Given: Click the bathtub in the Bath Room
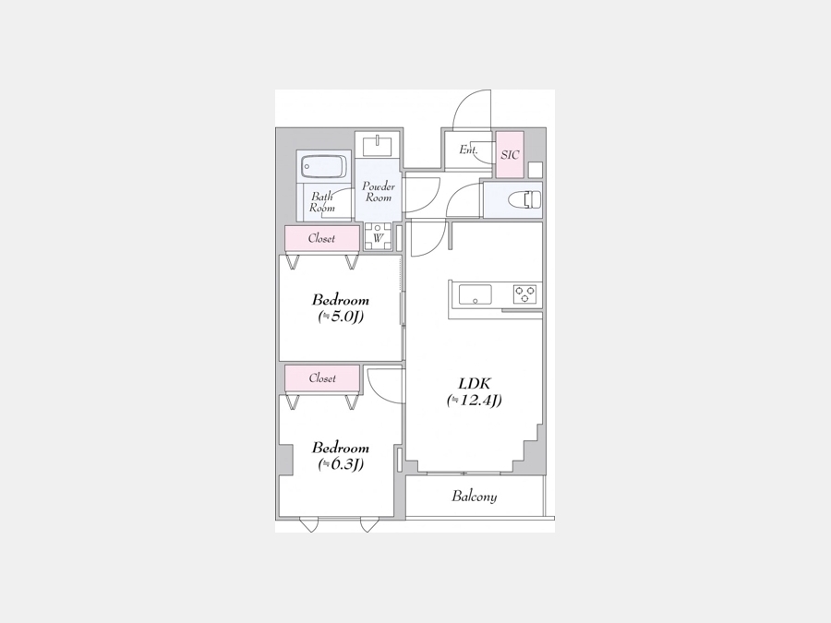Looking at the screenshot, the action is (x=323, y=167).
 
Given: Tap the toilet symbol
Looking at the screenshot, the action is (x=524, y=200).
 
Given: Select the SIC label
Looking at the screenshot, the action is (x=510, y=155).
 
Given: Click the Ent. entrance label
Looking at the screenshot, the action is (x=468, y=150).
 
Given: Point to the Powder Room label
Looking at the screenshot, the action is (x=379, y=192).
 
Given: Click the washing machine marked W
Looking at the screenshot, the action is (x=378, y=236).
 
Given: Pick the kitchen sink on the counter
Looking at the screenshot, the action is (x=475, y=294).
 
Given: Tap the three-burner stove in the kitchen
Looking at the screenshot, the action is (x=524, y=294).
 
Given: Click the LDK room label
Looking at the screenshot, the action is (x=475, y=383).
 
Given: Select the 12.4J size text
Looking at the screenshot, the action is (x=475, y=400).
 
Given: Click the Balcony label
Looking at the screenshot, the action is (x=475, y=497).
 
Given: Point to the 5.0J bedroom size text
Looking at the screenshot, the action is (x=341, y=317).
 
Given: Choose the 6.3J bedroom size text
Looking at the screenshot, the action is (x=341, y=464).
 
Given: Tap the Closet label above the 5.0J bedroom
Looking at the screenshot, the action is (x=321, y=238).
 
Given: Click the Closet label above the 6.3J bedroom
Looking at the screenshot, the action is (x=322, y=378).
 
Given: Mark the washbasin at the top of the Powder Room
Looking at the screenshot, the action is (x=378, y=145).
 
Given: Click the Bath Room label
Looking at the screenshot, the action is (x=322, y=202).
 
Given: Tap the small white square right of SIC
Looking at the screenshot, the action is (x=536, y=170).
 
